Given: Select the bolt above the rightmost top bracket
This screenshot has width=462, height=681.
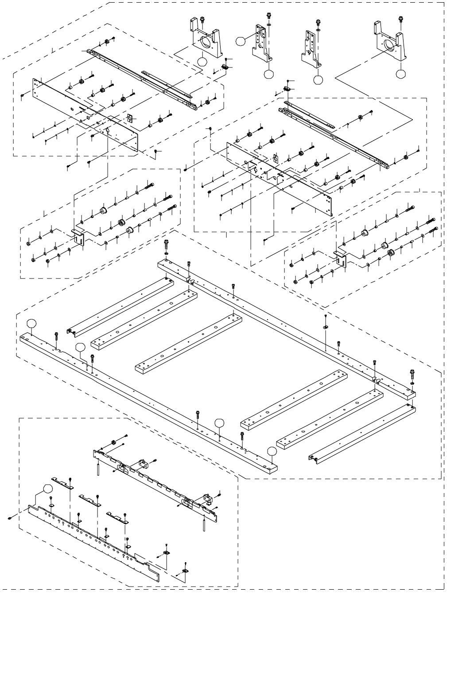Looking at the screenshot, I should click(401, 20).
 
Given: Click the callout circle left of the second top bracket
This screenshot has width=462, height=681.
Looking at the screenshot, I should click(240, 41).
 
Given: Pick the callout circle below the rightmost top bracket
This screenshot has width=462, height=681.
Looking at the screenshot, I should click(400, 74).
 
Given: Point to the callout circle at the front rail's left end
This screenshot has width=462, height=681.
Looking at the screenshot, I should click(31, 323).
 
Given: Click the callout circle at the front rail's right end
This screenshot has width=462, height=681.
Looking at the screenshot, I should click(272, 451).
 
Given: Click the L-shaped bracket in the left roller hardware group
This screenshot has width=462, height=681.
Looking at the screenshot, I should click(78, 236).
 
